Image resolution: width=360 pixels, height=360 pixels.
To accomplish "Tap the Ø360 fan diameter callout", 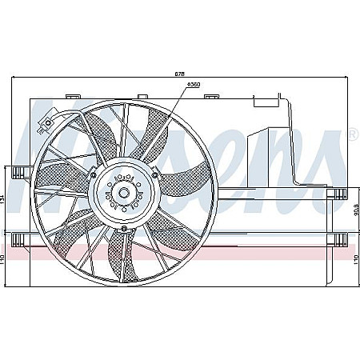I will click(x=193, y=84).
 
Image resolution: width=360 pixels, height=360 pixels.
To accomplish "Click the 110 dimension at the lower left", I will click(x=5, y=260).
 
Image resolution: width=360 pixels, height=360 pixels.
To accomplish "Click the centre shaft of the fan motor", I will click(x=123, y=193).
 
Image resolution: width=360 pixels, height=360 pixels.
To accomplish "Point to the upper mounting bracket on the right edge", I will click(x=339, y=193).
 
